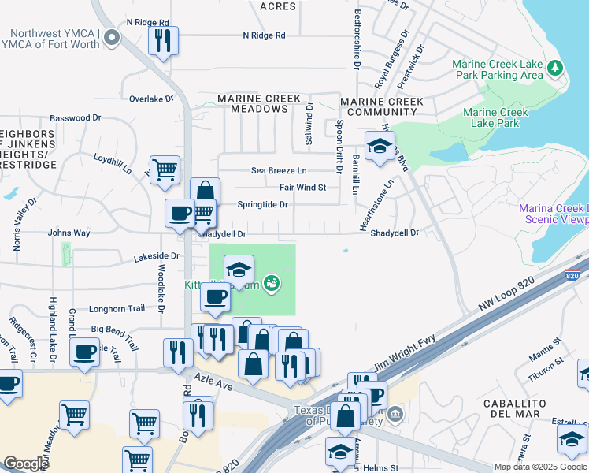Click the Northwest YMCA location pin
click(x=111, y=37)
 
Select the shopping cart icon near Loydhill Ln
click(x=165, y=169)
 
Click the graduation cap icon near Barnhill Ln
click(x=379, y=146)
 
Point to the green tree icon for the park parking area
click(x=556, y=69)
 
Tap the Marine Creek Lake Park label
click(x=496, y=117)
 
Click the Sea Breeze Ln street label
click(x=279, y=170)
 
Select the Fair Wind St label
click(x=302, y=188)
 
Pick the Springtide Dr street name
click(x=262, y=204)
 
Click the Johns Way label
click(x=69, y=233)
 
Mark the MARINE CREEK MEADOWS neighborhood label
click(x=259, y=103)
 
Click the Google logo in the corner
click(x=26, y=463)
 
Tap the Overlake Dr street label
click(x=150, y=99)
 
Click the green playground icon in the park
click(x=272, y=282)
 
